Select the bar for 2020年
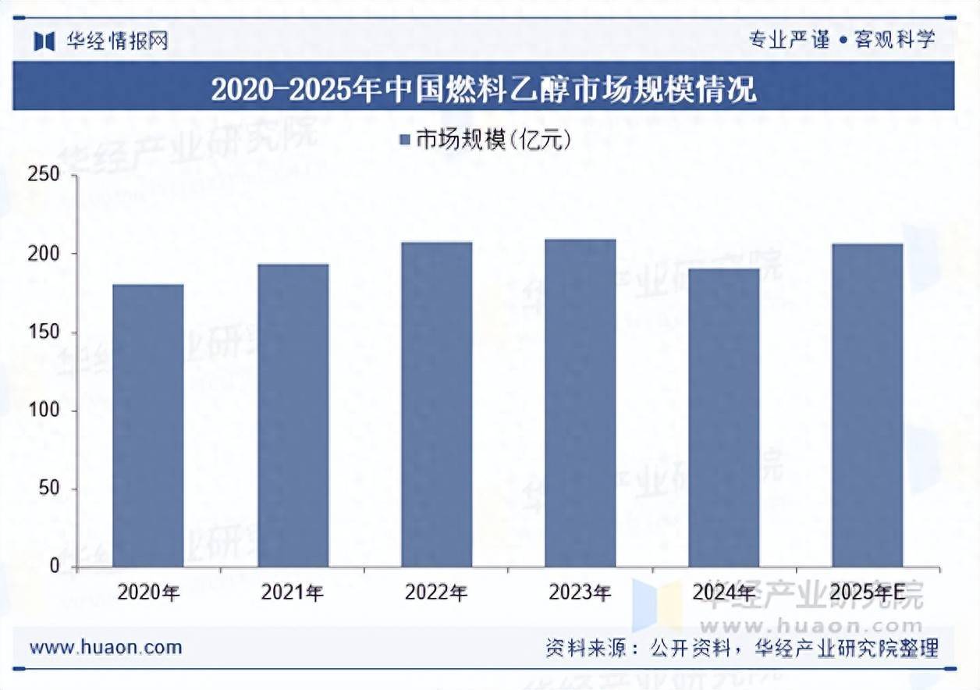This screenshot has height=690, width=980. (148, 425)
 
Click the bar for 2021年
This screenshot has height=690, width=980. (293, 415)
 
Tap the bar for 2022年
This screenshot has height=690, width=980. (436, 404)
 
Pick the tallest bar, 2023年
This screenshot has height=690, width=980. (580, 403)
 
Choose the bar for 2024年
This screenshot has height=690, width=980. (723, 418)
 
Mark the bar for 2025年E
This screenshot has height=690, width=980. (867, 405)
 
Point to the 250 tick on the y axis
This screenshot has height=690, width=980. (44, 175)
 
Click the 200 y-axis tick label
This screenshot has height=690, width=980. (44, 254)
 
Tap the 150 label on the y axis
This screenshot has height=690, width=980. (44, 333)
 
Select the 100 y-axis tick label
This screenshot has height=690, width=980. (44, 411)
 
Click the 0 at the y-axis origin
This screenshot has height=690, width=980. (55, 567)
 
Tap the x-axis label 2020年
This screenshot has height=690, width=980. (148, 593)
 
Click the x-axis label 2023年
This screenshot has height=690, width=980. (580, 593)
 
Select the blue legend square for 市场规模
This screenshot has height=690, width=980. (405, 140)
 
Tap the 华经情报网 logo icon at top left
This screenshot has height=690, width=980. (44, 41)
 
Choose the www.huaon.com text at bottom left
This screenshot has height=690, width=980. (105, 647)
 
